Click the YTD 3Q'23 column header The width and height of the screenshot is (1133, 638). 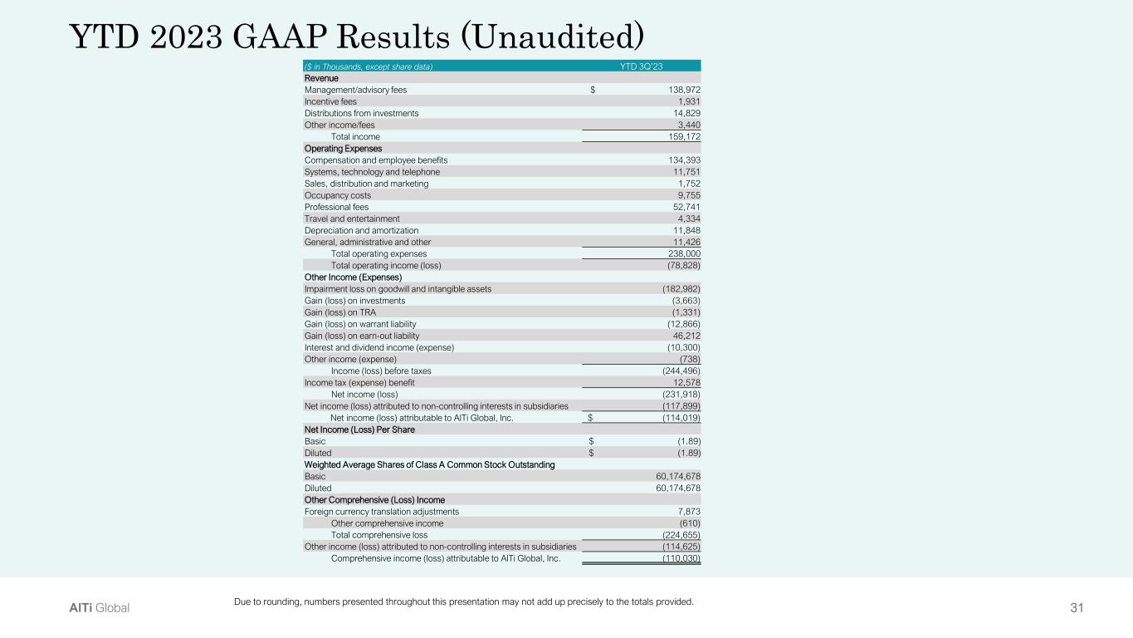[x=641, y=66]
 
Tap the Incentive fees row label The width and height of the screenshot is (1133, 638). [x=330, y=101]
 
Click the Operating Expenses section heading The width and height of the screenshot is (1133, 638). [x=343, y=148]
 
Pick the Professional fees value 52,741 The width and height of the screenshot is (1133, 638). [x=683, y=207]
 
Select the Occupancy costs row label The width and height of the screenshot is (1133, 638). [x=338, y=195]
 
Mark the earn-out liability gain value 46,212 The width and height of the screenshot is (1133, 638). [x=683, y=336]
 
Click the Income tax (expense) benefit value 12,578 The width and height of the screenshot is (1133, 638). [x=683, y=382]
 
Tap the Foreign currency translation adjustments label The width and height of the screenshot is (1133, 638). [x=381, y=512]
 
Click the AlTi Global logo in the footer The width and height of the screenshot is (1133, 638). [x=99, y=608]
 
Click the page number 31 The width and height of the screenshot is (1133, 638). [x=1077, y=608]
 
